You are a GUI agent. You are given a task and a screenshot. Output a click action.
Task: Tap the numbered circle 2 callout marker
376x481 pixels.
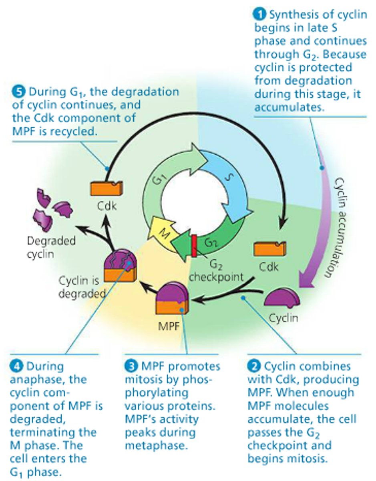coord(254,366)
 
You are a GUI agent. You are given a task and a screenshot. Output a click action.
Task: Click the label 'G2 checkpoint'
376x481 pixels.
coord(216,271)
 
